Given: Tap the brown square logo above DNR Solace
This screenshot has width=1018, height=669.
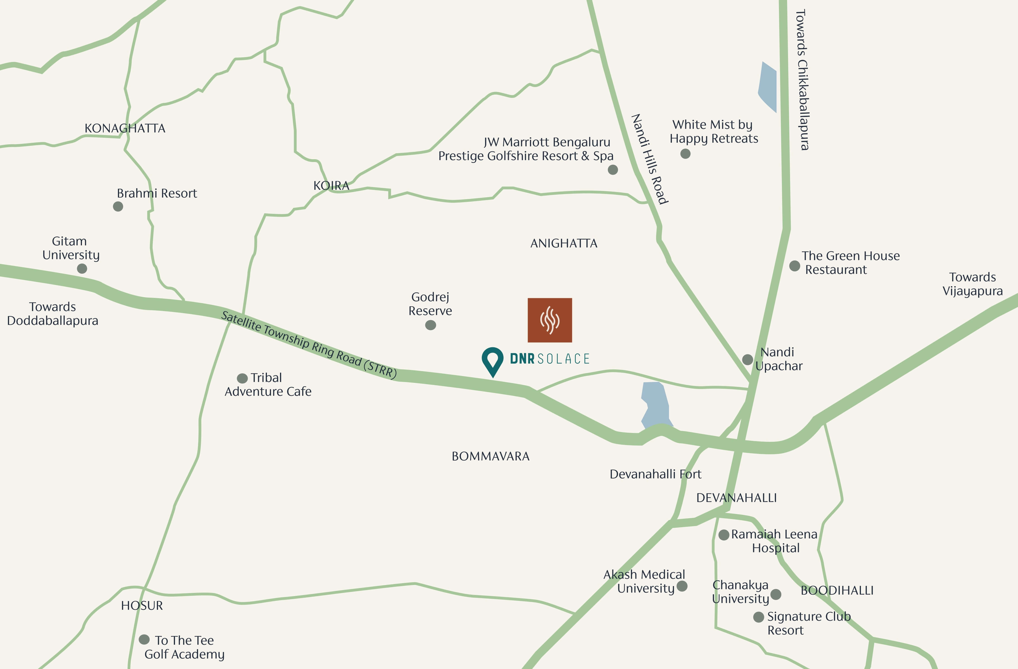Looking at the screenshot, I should tap(550, 320).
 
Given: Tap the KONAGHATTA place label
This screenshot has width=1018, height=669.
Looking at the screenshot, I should tap(125, 128).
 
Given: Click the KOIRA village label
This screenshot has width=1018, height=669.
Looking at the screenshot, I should tap(331, 186).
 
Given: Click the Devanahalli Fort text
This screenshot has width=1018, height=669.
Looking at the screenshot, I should tap(655, 474).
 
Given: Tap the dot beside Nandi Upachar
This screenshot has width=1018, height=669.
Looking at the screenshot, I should tap(747, 360).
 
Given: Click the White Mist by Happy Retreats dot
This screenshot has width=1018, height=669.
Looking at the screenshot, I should tap(685, 154).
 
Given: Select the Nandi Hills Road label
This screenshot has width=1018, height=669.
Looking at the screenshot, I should tap(649, 159).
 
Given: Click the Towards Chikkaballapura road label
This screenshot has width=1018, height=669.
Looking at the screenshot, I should tap(802, 80).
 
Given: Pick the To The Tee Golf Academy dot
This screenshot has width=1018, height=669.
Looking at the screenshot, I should tap(144, 640).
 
